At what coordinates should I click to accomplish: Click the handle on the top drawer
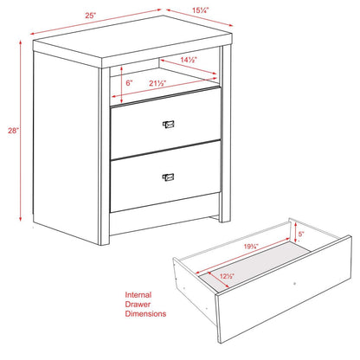click(168, 125)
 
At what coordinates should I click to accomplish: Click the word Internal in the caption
click(140, 294)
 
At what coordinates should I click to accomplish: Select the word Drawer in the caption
click(138, 305)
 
